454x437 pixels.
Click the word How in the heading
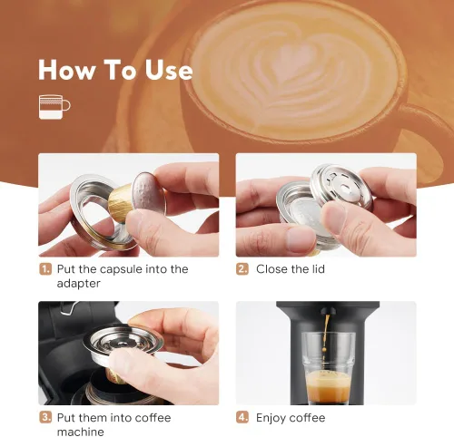pos(66,70)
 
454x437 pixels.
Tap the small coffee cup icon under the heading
pos(54,107)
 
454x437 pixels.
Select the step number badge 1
pos(44,269)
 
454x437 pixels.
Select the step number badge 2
pos(242,269)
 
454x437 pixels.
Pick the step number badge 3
pos(44,418)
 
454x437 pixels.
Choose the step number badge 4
pos(242,418)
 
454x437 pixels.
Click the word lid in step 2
pos(315,269)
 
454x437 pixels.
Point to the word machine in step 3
pos(82,432)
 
